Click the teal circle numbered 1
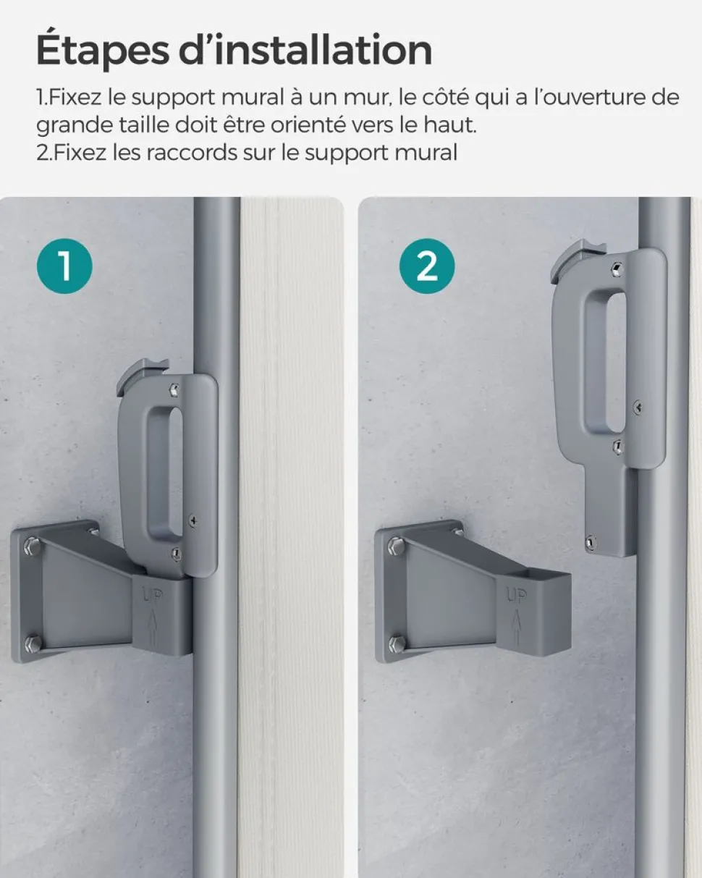point(64,266)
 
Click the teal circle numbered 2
point(427,266)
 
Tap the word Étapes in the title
point(102,51)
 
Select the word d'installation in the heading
point(305,50)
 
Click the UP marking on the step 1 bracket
point(152,598)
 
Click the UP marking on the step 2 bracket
point(516,596)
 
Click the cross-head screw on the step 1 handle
point(194,520)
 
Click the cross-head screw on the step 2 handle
point(639,407)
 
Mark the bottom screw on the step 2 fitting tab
point(589,542)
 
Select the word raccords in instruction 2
point(192,153)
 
